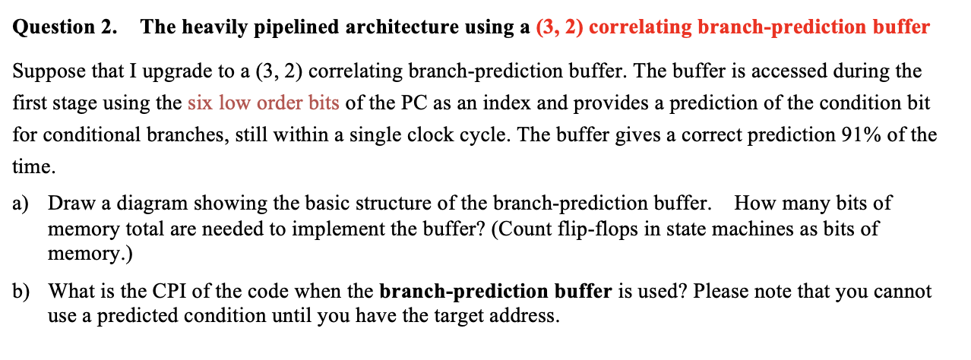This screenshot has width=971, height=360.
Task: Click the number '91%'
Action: click(x=862, y=135)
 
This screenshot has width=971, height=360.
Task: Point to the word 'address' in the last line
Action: click(x=528, y=315)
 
